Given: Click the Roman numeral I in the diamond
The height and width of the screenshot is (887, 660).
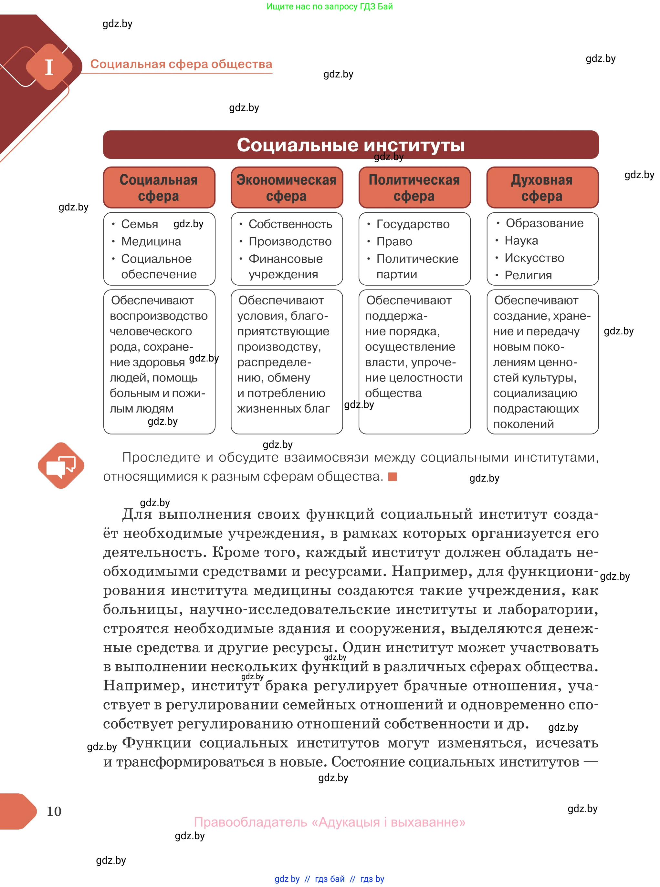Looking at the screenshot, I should click(x=49, y=67).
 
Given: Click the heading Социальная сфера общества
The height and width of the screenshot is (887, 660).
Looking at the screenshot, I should click(x=181, y=64).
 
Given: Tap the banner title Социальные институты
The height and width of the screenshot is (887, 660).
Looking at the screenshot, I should click(x=351, y=145).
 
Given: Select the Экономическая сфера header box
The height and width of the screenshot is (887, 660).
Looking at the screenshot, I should click(x=287, y=188).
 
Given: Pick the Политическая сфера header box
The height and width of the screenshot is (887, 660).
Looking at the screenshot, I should click(x=414, y=188).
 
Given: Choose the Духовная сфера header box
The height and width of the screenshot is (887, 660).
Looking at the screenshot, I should click(x=542, y=188).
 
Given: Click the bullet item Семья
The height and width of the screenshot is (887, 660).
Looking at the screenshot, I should click(x=140, y=224).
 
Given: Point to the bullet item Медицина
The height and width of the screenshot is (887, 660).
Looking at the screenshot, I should click(x=151, y=241).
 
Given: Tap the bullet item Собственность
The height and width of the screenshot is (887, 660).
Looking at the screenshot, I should click(x=290, y=224).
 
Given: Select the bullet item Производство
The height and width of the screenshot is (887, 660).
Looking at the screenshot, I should click(x=290, y=241).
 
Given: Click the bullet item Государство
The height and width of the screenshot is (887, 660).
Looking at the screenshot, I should click(x=413, y=224).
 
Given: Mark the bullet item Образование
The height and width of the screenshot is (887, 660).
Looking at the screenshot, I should click(x=544, y=223).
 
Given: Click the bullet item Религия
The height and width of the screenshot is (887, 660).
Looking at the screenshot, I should click(x=528, y=275).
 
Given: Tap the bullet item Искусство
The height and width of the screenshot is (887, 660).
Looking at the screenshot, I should click(x=534, y=258).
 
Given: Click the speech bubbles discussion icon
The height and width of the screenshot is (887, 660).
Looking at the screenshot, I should click(x=61, y=465).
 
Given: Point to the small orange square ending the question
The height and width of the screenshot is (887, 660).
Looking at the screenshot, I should click(x=392, y=476).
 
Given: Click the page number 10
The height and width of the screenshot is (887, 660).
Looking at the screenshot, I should click(x=54, y=811).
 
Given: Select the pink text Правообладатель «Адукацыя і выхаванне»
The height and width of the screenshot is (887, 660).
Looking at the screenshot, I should click(x=330, y=822).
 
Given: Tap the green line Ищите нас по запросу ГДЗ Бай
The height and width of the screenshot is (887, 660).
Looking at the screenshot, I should click(x=330, y=6).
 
